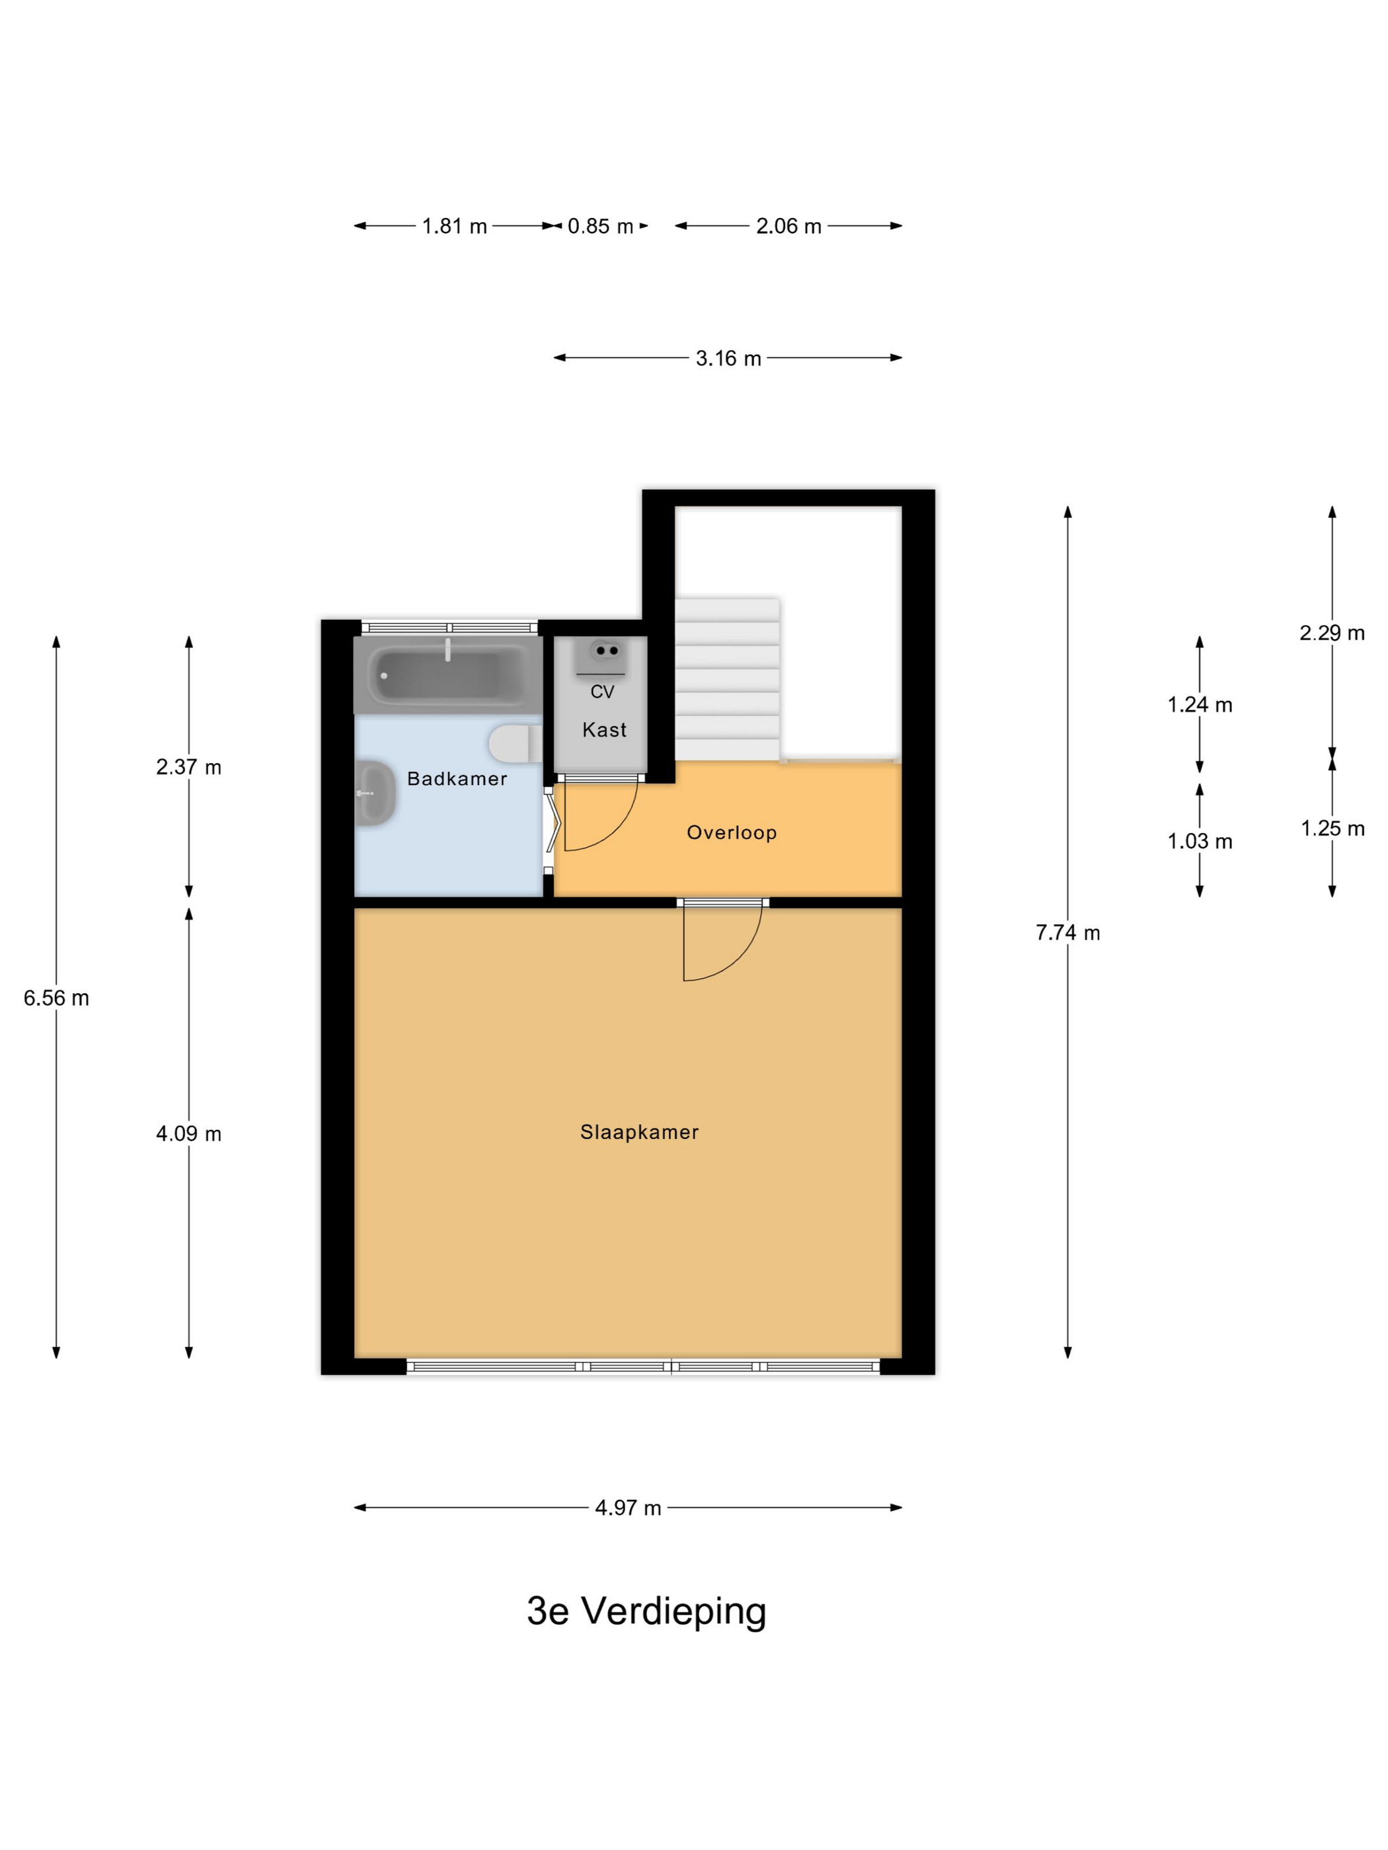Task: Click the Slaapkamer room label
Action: pyautogui.click(x=639, y=1132)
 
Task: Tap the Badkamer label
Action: pyautogui.click(x=457, y=778)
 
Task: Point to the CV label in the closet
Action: pyautogui.click(x=602, y=692)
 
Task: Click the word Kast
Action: pyautogui.click(x=604, y=729)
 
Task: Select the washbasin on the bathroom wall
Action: pyautogui.click(x=375, y=793)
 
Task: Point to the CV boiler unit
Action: pyautogui.click(x=601, y=657)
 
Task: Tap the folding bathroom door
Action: pyautogui.click(x=550, y=828)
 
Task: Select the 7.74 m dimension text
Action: pyautogui.click(x=1067, y=932)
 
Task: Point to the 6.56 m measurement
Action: pyautogui.click(x=56, y=998)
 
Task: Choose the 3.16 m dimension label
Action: pyautogui.click(x=728, y=359)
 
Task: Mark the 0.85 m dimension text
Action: pyautogui.click(x=600, y=227)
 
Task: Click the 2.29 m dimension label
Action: pyautogui.click(x=1332, y=633)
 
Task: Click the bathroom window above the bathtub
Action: pyautogui.click(x=449, y=627)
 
